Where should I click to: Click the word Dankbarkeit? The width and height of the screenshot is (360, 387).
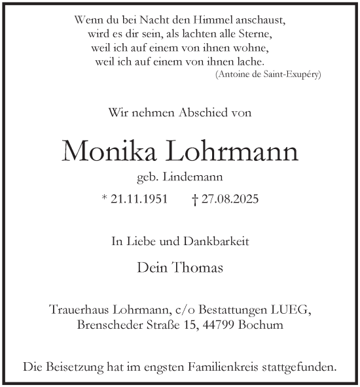[217, 242]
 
